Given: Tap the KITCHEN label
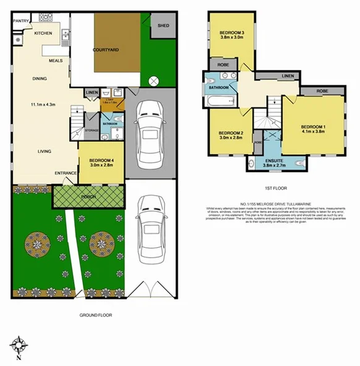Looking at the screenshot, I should coord(43,33).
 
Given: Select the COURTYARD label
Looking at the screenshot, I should coord(105,50).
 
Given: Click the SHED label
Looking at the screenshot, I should coord(163,25).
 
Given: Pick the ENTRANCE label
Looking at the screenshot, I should coord(66,173).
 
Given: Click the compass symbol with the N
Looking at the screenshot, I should coord(19,346).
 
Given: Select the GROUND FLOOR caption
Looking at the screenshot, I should coord(95,315).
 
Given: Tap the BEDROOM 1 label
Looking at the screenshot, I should coord(314,128).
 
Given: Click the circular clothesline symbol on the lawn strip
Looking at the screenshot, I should coord(154,79).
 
